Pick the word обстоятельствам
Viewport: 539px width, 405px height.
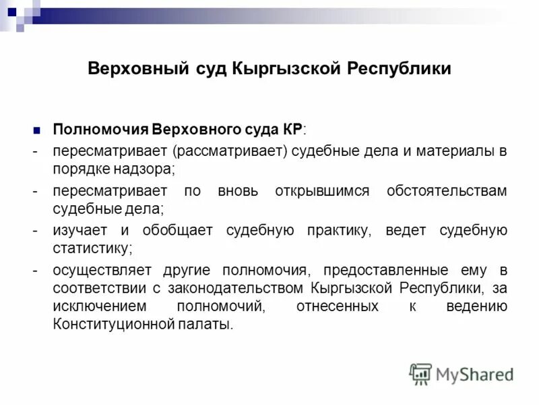(447, 191)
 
